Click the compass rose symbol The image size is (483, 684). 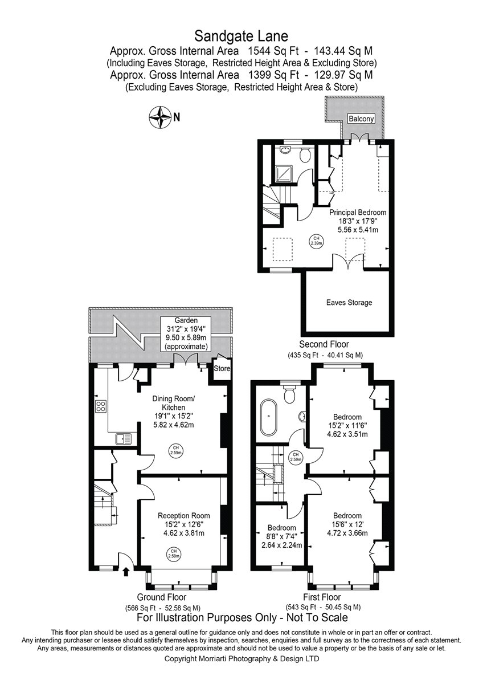click(x=159, y=117)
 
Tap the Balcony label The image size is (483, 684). click(x=361, y=119)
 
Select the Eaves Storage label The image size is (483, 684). click(x=349, y=303)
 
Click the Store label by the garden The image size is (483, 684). click(x=222, y=368)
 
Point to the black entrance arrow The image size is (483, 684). click(x=125, y=571)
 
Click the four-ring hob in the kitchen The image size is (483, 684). click(x=101, y=406)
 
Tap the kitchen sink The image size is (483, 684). click(x=123, y=439)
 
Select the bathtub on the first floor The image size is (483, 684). click(x=268, y=417)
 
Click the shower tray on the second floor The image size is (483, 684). click(x=284, y=174)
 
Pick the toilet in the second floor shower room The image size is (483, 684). click(x=305, y=155)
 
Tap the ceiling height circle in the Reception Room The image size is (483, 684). click(x=174, y=553)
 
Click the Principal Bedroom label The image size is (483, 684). click(x=358, y=212)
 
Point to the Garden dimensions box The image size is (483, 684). click(x=186, y=333)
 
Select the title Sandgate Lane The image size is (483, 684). click(x=241, y=36)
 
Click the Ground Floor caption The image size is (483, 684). click(x=161, y=597)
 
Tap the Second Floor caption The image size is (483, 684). click(x=324, y=344)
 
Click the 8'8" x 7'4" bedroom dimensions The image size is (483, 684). click(x=281, y=535)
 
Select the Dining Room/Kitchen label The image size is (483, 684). click(x=173, y=403)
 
